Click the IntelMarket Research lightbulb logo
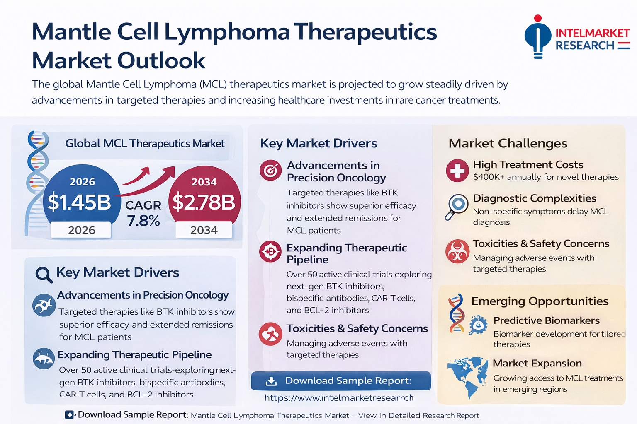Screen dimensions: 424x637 537,37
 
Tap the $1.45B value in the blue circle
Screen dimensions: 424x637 79,202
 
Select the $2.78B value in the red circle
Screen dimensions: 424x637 204,202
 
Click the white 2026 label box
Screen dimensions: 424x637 81,230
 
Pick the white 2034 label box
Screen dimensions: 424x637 204,230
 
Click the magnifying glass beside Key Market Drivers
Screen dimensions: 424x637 44,275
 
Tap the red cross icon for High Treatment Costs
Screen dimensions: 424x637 457,171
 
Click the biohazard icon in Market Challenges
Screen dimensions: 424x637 457,251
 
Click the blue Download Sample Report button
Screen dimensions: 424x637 341,381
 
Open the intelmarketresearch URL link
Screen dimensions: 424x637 339,398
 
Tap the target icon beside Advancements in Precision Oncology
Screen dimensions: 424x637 270,170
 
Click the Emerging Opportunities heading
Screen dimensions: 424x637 540,301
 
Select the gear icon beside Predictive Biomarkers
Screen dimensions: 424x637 478,325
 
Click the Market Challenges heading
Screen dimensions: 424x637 508,143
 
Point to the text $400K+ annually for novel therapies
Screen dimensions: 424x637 546,177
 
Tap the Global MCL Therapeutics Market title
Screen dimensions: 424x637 145,143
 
